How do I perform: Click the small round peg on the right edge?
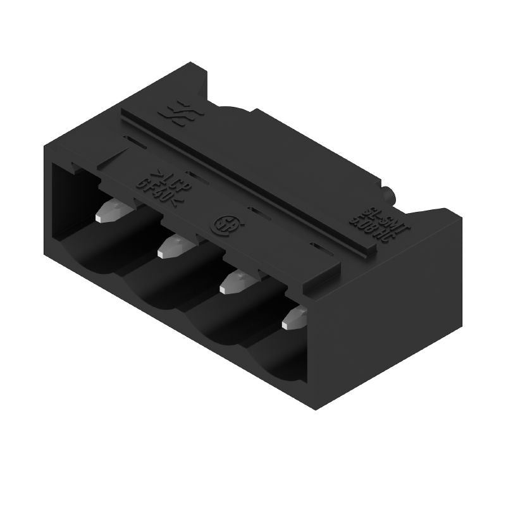(388, 192)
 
